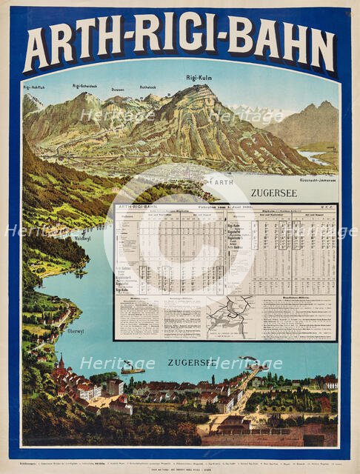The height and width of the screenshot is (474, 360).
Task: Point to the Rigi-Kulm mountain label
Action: click(x=199, y=77)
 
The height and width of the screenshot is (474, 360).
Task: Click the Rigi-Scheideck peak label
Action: click(x=86, y=86)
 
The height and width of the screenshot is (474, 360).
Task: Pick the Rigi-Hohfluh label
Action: click(x=35, y=87)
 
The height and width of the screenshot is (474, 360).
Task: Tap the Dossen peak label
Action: click(x=118, y=89)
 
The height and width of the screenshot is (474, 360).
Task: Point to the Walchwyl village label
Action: click(x=82, y=239)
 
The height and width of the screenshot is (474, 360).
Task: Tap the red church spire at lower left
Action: click(x=61, y=363)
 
